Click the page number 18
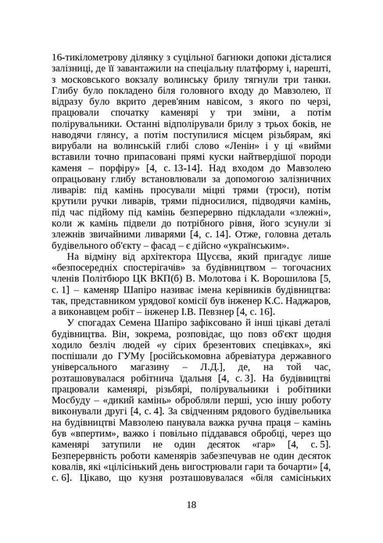coord(191,503)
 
